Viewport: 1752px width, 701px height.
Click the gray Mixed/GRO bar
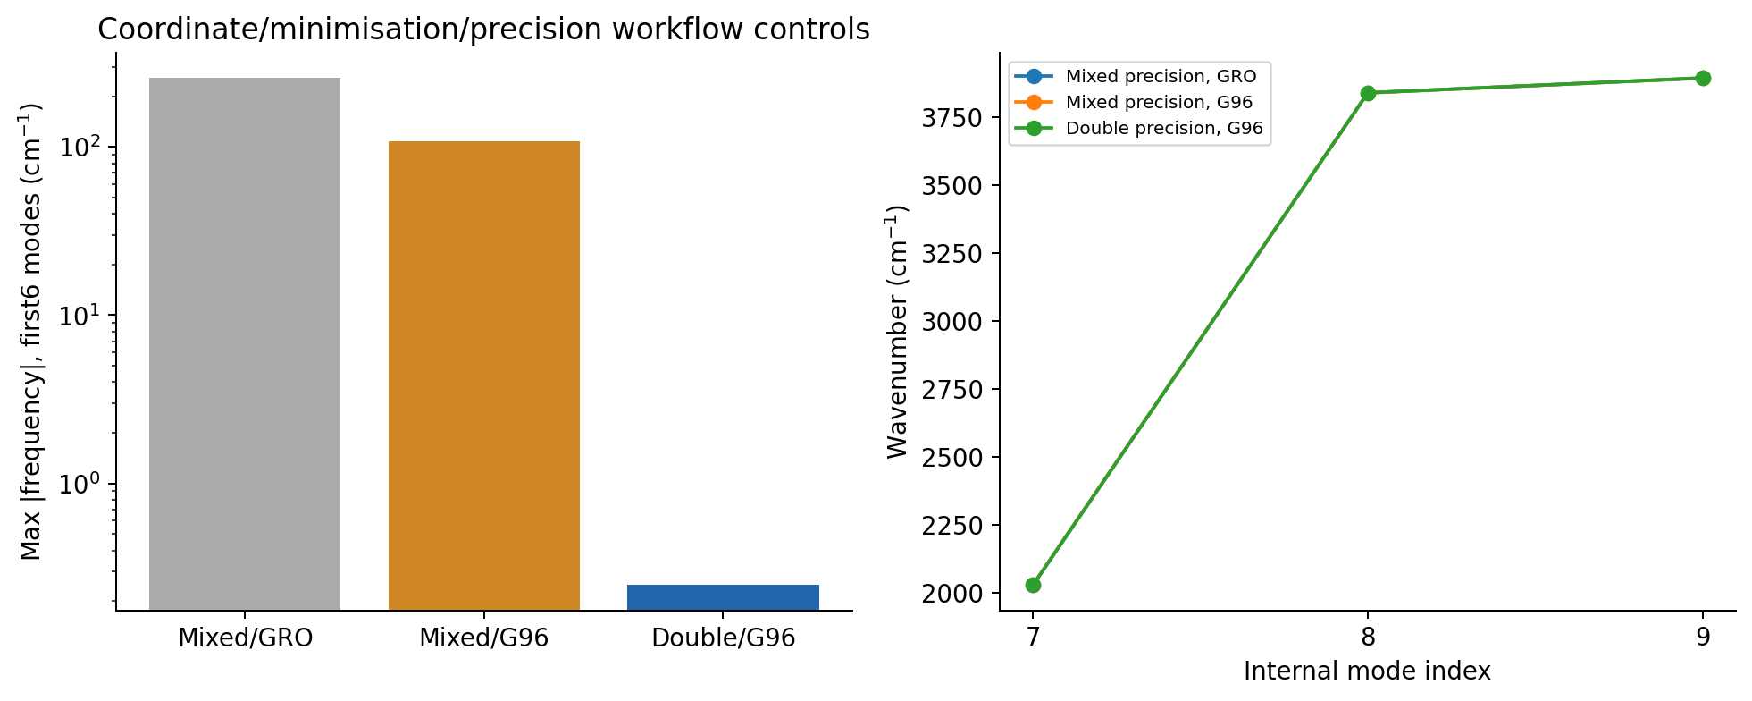(244, 344)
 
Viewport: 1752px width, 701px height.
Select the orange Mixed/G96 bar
(483, 376)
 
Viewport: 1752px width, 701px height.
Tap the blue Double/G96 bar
(723, 597)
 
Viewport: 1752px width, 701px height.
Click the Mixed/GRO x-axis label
(245, 638)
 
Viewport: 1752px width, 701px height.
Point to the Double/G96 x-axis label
(723, 638)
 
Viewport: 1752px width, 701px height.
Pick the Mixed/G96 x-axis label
(483, 638)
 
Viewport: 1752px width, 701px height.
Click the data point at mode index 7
(1033, 585)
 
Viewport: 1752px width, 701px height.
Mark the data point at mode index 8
(1368, 93)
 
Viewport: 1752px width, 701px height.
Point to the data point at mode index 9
(1703, 78)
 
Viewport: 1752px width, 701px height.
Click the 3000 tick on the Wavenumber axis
(955, 322)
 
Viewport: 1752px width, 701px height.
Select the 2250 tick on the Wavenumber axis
(955, 526)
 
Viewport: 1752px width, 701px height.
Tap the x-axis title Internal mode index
(1367, 671)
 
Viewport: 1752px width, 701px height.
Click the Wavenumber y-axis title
(898, 332)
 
